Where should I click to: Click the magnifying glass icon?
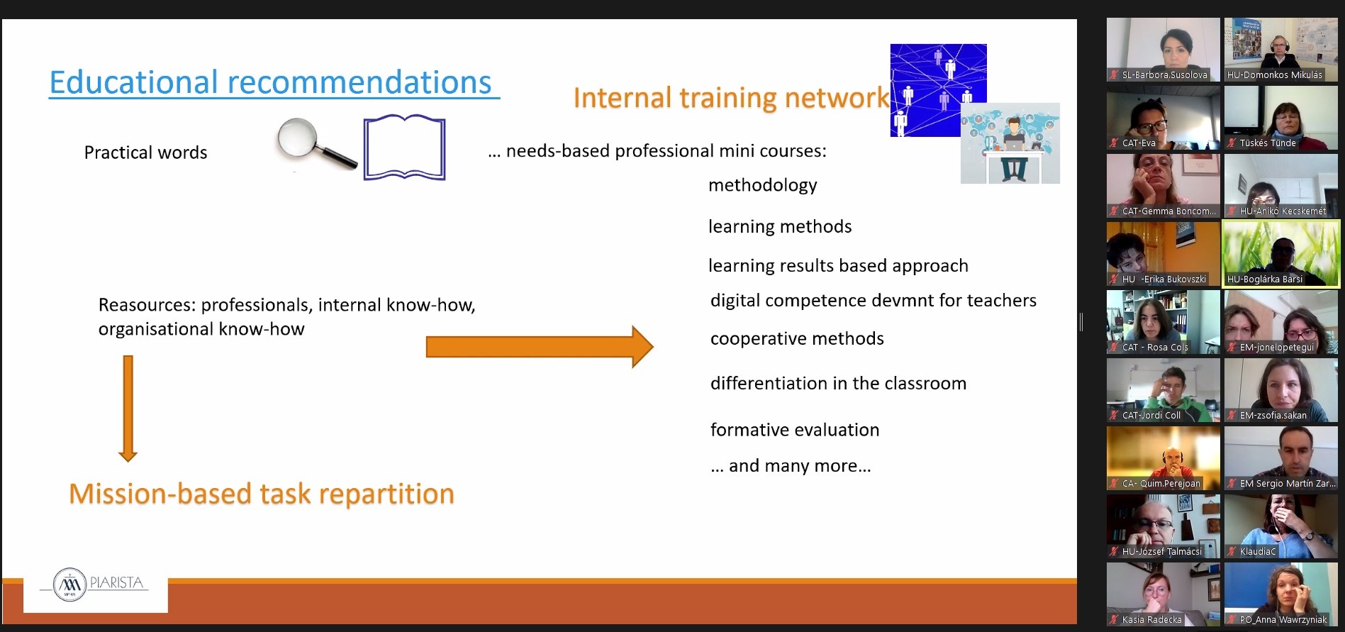pos(316,143)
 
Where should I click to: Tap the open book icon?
pos(404,148)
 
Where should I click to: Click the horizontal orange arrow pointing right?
pos(539,347)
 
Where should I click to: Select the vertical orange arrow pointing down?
pos(128,409)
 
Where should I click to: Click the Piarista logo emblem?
pos(70,584)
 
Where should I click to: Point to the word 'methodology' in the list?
pos(762,185)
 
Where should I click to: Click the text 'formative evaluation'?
pos(795,430)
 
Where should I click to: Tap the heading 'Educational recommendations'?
pos(270,82)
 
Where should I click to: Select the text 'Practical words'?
pos(145,153)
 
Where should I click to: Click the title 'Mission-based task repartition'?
pos(262,494)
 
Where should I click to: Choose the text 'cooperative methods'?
pos(797,338)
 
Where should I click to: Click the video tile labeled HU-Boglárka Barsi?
pos(1280,254)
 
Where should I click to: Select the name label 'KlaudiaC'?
pos(1258,551)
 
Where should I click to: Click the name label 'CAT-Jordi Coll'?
pos(1151,415)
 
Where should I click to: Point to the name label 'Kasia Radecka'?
pos(1152,619)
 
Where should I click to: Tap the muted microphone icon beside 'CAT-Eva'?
pos(1114,143)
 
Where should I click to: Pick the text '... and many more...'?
pos(791,466)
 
